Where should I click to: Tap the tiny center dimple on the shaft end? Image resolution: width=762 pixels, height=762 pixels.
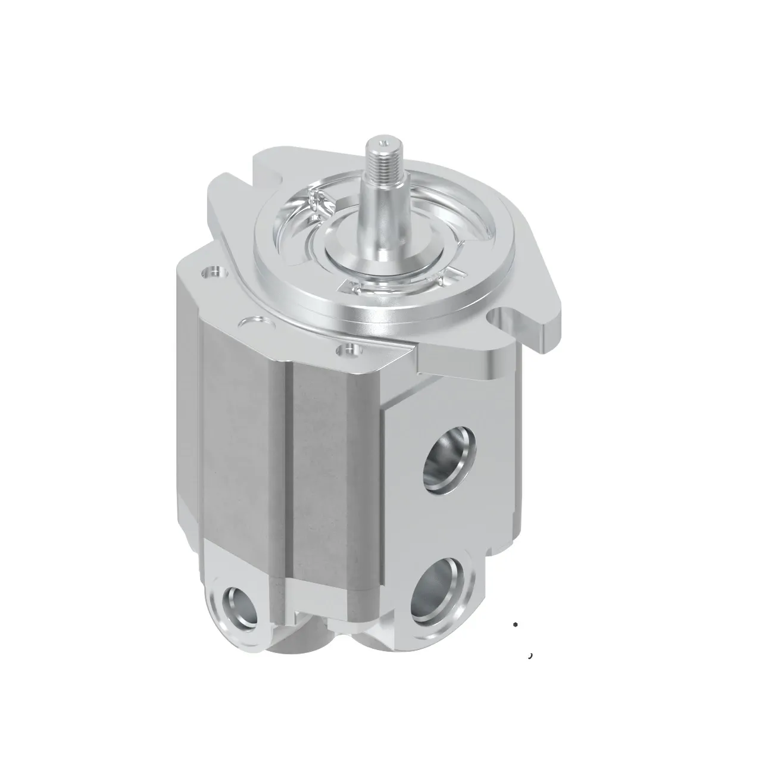pyautogui.click(x=386, y=141)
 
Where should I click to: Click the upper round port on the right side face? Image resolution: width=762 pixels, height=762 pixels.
pyautogui.click(x=446, y=456)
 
